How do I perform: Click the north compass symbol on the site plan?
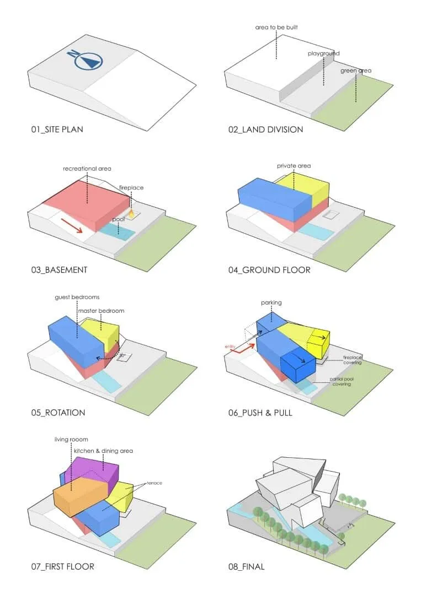pos(86,60)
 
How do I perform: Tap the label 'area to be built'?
pos(276,27)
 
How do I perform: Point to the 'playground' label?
pos(324,53)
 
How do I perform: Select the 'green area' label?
pos(355,71)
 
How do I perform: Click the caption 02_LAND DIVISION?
pos(265,130)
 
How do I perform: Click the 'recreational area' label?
pos(87,167)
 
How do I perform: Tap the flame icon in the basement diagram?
pos(132,212)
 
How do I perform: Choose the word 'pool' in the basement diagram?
pos(118,219)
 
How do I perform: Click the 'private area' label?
pos(294,166)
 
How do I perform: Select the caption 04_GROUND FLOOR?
pos(269,270)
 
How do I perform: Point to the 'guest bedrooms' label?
pos(77,297)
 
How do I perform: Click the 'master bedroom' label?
pos(101,311)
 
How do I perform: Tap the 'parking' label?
pos(271,302)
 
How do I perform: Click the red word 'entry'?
pos(230,347)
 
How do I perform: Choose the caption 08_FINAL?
pos(246,566)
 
